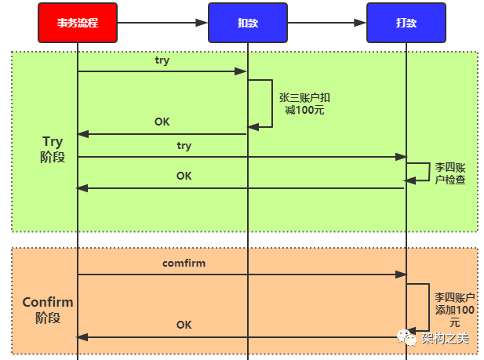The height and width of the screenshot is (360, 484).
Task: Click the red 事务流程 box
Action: point(78,23)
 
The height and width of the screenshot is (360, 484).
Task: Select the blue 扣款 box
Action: point(247,23)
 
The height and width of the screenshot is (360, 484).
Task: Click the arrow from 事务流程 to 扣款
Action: point(162,23)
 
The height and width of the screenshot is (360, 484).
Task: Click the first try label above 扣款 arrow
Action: point(162,60)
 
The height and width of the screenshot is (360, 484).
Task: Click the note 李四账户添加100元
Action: point(454,311)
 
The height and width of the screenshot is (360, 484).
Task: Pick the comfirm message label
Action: point(184,264)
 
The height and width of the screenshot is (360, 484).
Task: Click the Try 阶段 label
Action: point(53,148)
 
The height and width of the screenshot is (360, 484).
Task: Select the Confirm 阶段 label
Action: point(47,310)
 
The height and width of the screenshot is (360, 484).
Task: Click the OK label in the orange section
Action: point(184,325)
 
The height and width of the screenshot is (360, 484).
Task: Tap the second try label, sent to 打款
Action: point(184,146)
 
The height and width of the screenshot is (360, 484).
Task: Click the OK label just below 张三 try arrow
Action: point(162,122)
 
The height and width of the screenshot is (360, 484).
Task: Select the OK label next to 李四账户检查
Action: point(184,176)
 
